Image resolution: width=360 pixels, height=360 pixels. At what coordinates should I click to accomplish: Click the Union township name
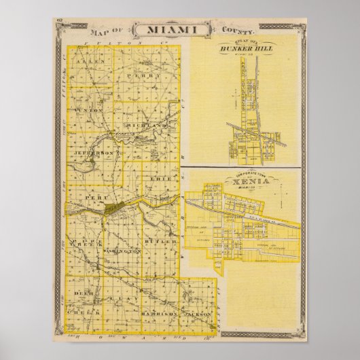coord(90,109)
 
